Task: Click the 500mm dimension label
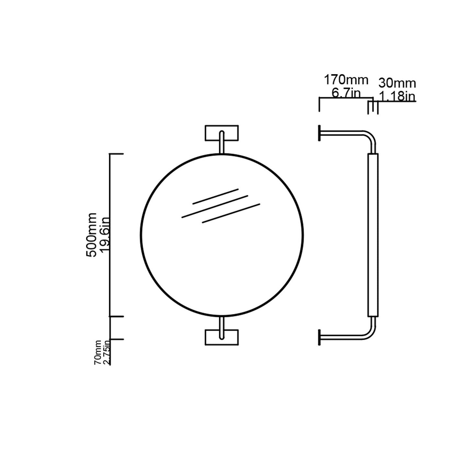tap(92, 235)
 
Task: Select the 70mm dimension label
tap(97, 353)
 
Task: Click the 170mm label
tap(346, 80)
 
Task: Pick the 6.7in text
tap(346, 93)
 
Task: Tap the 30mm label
tap(397, 83)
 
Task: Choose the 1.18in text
tap(397, 96)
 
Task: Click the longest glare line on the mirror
tap(215, 206)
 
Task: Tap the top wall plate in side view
tap(319, 133)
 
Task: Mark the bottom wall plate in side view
tap(319, 338)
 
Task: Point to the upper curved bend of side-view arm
tap(370, 136)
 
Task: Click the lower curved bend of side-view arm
tap(370, 335)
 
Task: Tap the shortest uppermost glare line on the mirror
tap(215, 196)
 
